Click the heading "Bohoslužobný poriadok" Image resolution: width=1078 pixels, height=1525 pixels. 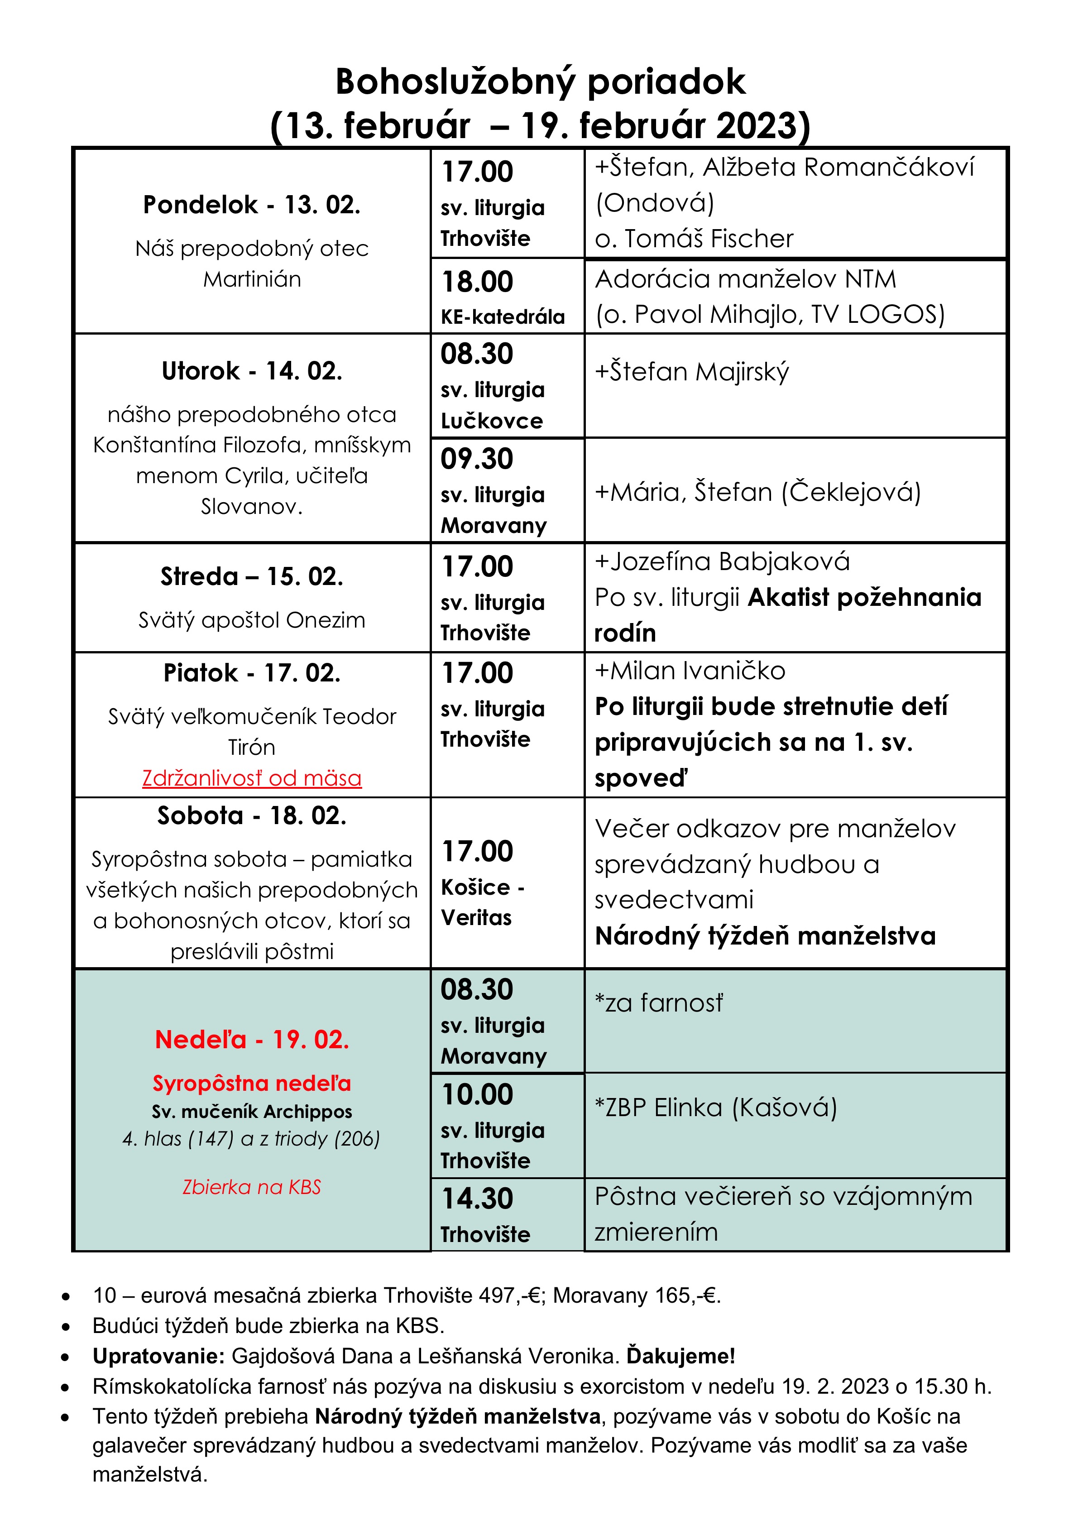540,82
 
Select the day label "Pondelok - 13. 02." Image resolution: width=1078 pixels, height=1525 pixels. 252,205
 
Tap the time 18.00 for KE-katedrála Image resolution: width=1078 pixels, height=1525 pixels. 478,282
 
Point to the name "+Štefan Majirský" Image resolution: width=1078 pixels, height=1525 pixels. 691,372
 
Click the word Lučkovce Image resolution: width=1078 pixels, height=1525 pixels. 492,421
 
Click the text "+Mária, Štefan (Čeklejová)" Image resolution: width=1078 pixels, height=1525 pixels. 757,492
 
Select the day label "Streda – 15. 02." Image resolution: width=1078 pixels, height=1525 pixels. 252,576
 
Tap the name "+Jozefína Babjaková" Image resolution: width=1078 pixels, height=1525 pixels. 722,562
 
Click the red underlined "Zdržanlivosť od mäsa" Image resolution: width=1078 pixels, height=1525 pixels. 252,778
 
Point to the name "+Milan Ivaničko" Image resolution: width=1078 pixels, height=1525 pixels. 690,671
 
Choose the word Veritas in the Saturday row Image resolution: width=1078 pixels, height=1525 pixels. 476,918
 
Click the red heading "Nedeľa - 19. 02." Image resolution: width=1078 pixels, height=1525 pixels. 252,1040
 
